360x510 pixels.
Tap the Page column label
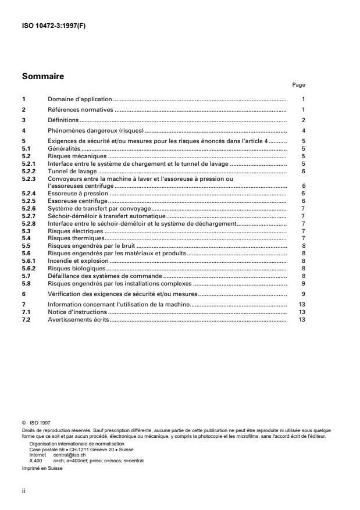click(298, 85)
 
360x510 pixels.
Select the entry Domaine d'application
click(80, 99)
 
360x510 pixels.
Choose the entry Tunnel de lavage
click(72, 172)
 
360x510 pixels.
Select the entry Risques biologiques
click(76, 269)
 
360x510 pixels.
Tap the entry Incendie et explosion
click(78, 263)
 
